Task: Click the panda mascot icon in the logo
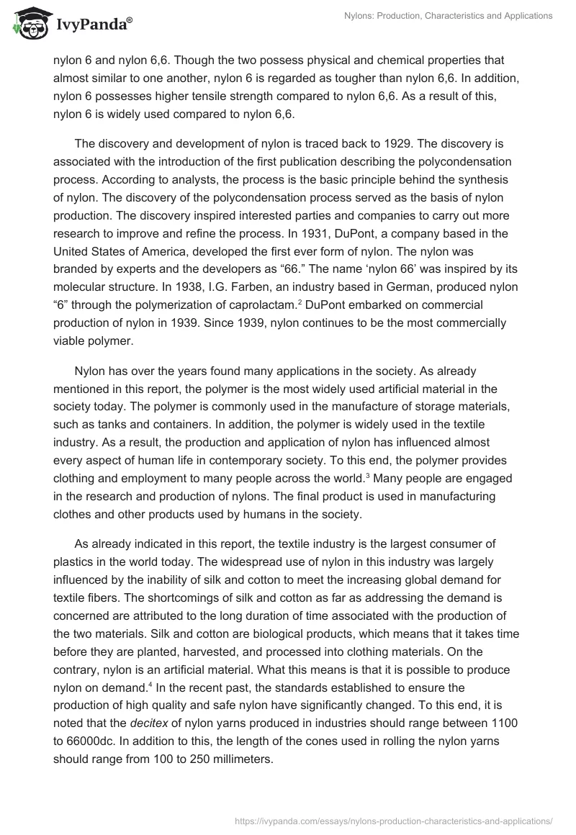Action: click(27, 23)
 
